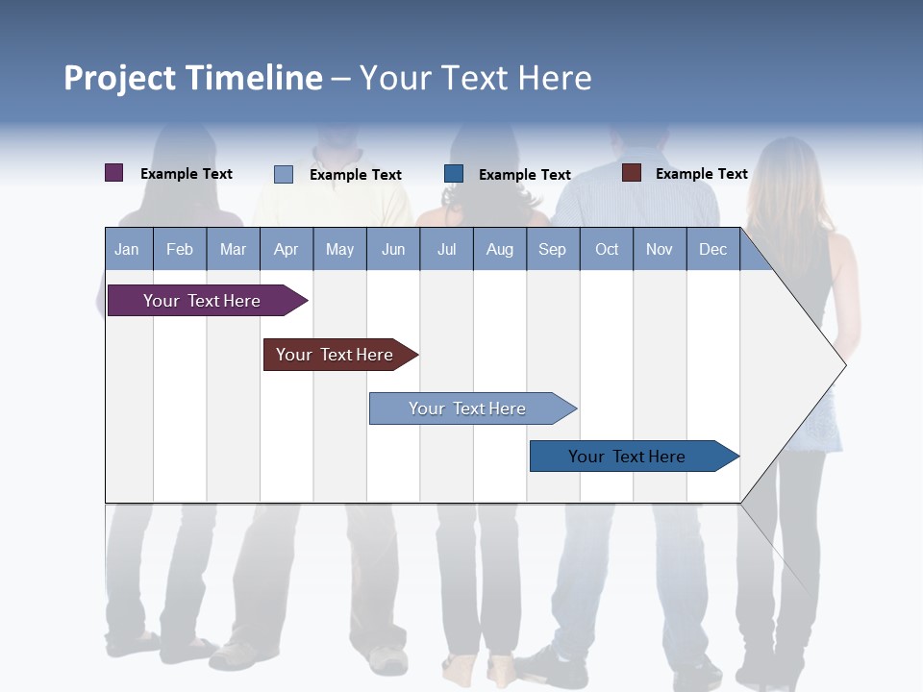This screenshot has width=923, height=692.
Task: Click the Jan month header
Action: pos(127,250)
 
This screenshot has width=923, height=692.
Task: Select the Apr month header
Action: pos(286,250)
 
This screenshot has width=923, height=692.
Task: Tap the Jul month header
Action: pos(446,250)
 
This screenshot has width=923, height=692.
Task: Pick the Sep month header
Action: pos(552,250)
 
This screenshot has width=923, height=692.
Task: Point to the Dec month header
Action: pos(712,250)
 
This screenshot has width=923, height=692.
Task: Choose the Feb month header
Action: pos(180,250)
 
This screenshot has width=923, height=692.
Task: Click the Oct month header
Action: pos(607,250)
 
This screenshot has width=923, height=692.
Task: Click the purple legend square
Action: pos(114,173)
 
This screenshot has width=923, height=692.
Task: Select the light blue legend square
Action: pos(284,174)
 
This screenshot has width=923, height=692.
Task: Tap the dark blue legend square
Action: pos(454,174)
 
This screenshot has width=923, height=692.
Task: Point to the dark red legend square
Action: pos(632,173)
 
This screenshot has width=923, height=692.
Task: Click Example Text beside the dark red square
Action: pos(701,174)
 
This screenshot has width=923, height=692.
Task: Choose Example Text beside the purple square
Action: pos(186,174)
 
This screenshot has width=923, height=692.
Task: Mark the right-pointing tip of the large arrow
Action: pos(844,365)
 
